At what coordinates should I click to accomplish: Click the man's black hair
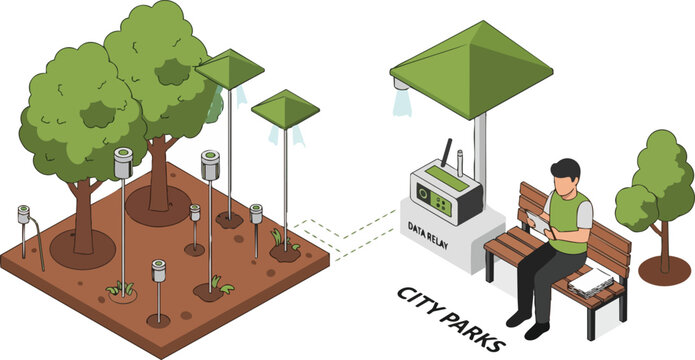(x=566, y=167)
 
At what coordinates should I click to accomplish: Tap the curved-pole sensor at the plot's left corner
(x=24, y=216)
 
